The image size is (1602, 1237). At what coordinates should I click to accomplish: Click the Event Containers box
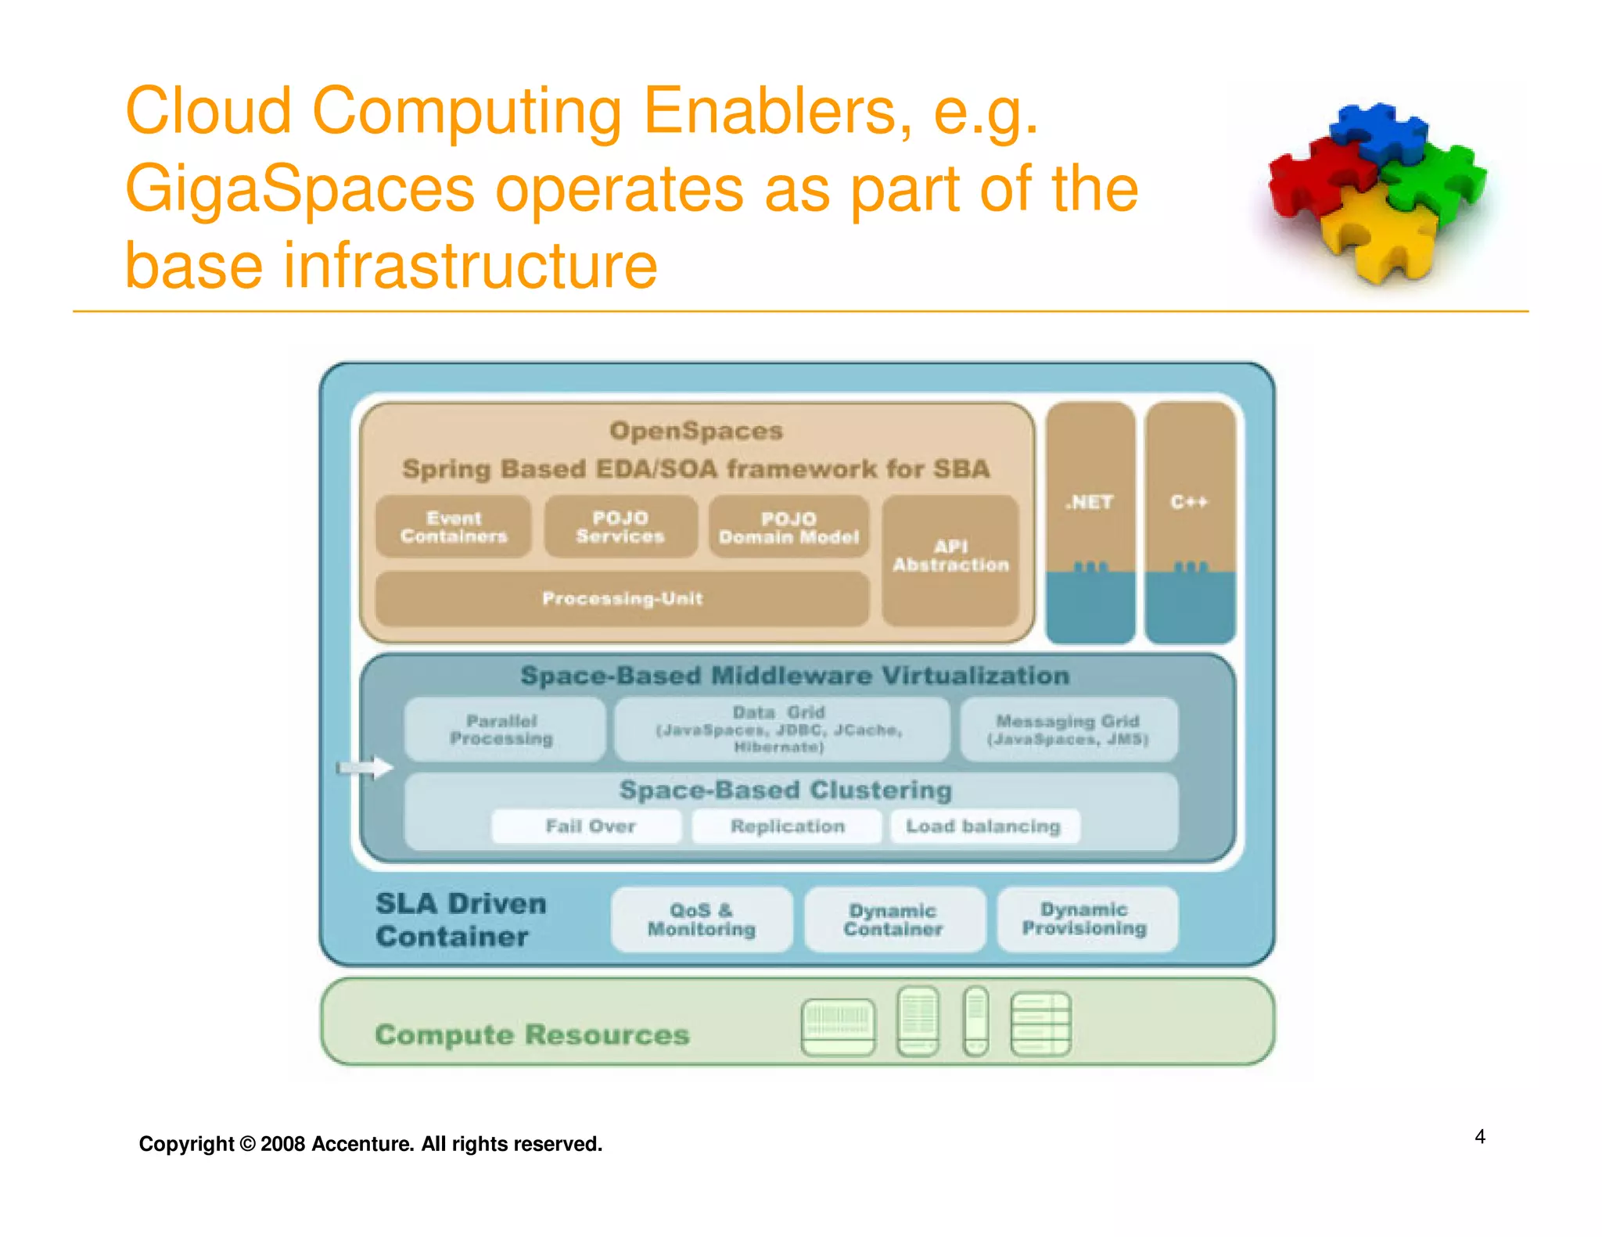[x=454, y=527]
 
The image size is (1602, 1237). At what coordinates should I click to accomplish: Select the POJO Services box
[x=620, y=527]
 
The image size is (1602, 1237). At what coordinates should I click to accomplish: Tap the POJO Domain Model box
[x=788, y=528]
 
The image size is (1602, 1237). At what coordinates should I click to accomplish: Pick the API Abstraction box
[x=950, y=557]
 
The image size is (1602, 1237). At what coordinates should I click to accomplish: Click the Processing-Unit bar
[x=622, y=599]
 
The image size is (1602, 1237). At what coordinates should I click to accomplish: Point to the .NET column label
[x=1089, y=502]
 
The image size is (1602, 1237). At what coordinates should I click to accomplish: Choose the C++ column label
[x=1189, y=502]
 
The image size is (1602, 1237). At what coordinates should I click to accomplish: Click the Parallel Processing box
[x=502, y=730]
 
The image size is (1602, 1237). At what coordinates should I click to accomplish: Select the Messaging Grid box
[x=1069, y=730]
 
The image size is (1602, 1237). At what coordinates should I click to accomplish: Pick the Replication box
[x=787, y=826]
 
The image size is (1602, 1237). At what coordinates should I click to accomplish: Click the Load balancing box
[x=984, y=826]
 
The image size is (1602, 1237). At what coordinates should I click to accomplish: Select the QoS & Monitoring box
[x=702, y=920]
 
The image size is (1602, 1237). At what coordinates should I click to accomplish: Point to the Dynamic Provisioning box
[x=1086, y=919]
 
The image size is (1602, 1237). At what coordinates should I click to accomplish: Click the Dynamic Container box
[x=893, y=920]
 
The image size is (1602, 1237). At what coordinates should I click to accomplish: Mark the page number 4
[x=1480, y=1136]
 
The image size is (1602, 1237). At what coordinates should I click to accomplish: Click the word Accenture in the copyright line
[x=362, y=1144]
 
